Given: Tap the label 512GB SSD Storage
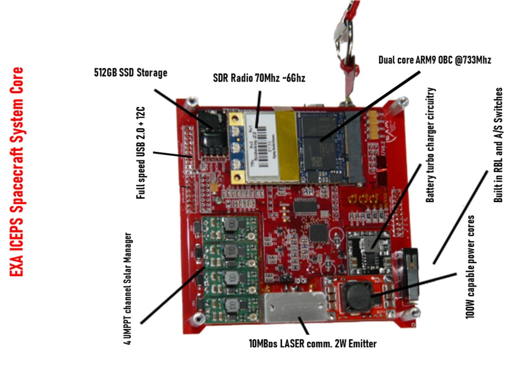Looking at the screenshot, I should click(130, 73).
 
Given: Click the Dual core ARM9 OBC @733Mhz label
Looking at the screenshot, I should click(434, 60).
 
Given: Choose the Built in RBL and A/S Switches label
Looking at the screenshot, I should click(498, 145).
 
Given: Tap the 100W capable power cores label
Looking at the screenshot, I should click(469, 267).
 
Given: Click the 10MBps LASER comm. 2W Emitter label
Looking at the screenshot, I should click(313, 343).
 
